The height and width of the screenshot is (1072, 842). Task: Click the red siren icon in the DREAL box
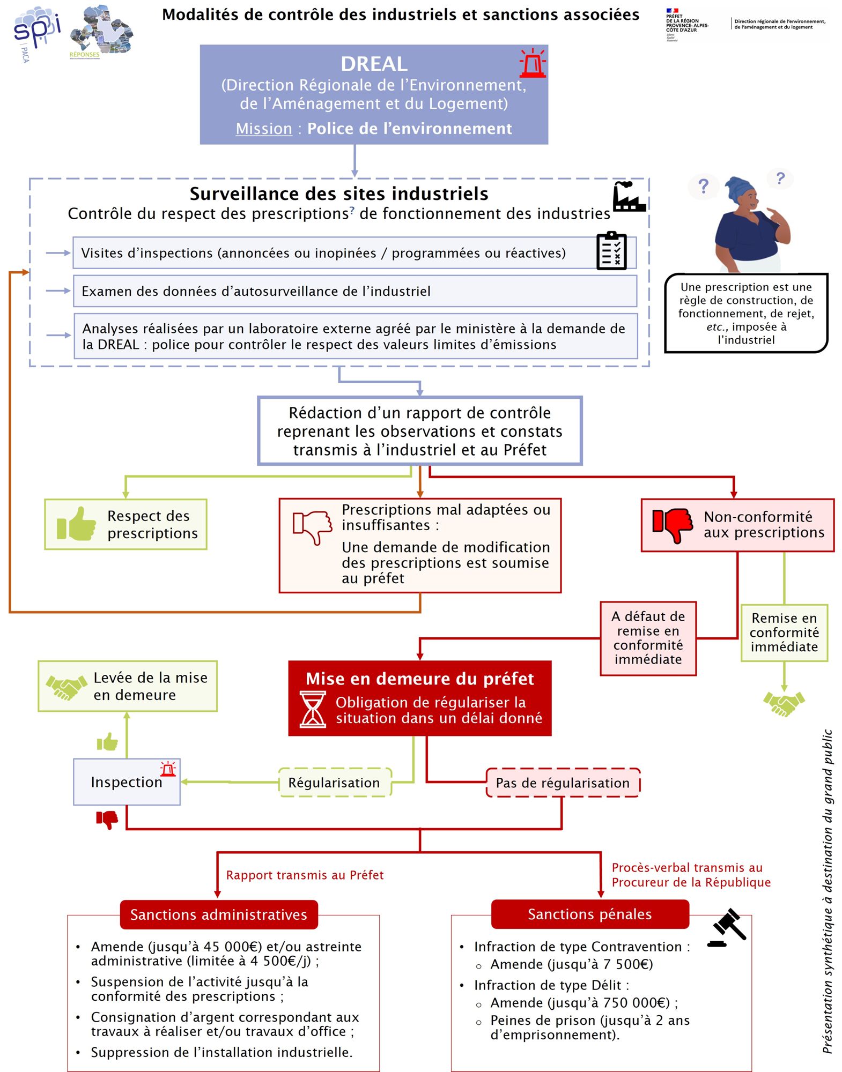(x=532, y=63)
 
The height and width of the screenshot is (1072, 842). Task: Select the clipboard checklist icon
(x=611, y=251)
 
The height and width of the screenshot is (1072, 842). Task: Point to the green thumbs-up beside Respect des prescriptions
(x=76, y=524)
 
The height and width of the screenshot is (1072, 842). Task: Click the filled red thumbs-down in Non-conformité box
(x=673, y=525)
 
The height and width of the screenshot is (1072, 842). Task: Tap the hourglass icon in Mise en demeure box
(x=313, y=709)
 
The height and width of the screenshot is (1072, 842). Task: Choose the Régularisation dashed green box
(x=335, y=783)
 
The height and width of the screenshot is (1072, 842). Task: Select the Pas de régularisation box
(x=563, y=783)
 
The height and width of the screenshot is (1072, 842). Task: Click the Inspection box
(x=127, y=782)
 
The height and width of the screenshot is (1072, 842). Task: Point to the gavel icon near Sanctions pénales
(x=727, y=928)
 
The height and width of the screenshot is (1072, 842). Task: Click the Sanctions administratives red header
(x=219, y=914)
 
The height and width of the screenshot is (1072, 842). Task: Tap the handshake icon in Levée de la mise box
(x=67, y=687)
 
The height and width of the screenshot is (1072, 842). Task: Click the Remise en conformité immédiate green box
(x=784, y=632)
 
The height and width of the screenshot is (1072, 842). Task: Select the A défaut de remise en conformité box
(x=648, y=638)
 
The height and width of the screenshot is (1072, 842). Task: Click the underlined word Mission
(x=264, y=129)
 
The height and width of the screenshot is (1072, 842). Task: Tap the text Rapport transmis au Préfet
(x=305, y=875)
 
